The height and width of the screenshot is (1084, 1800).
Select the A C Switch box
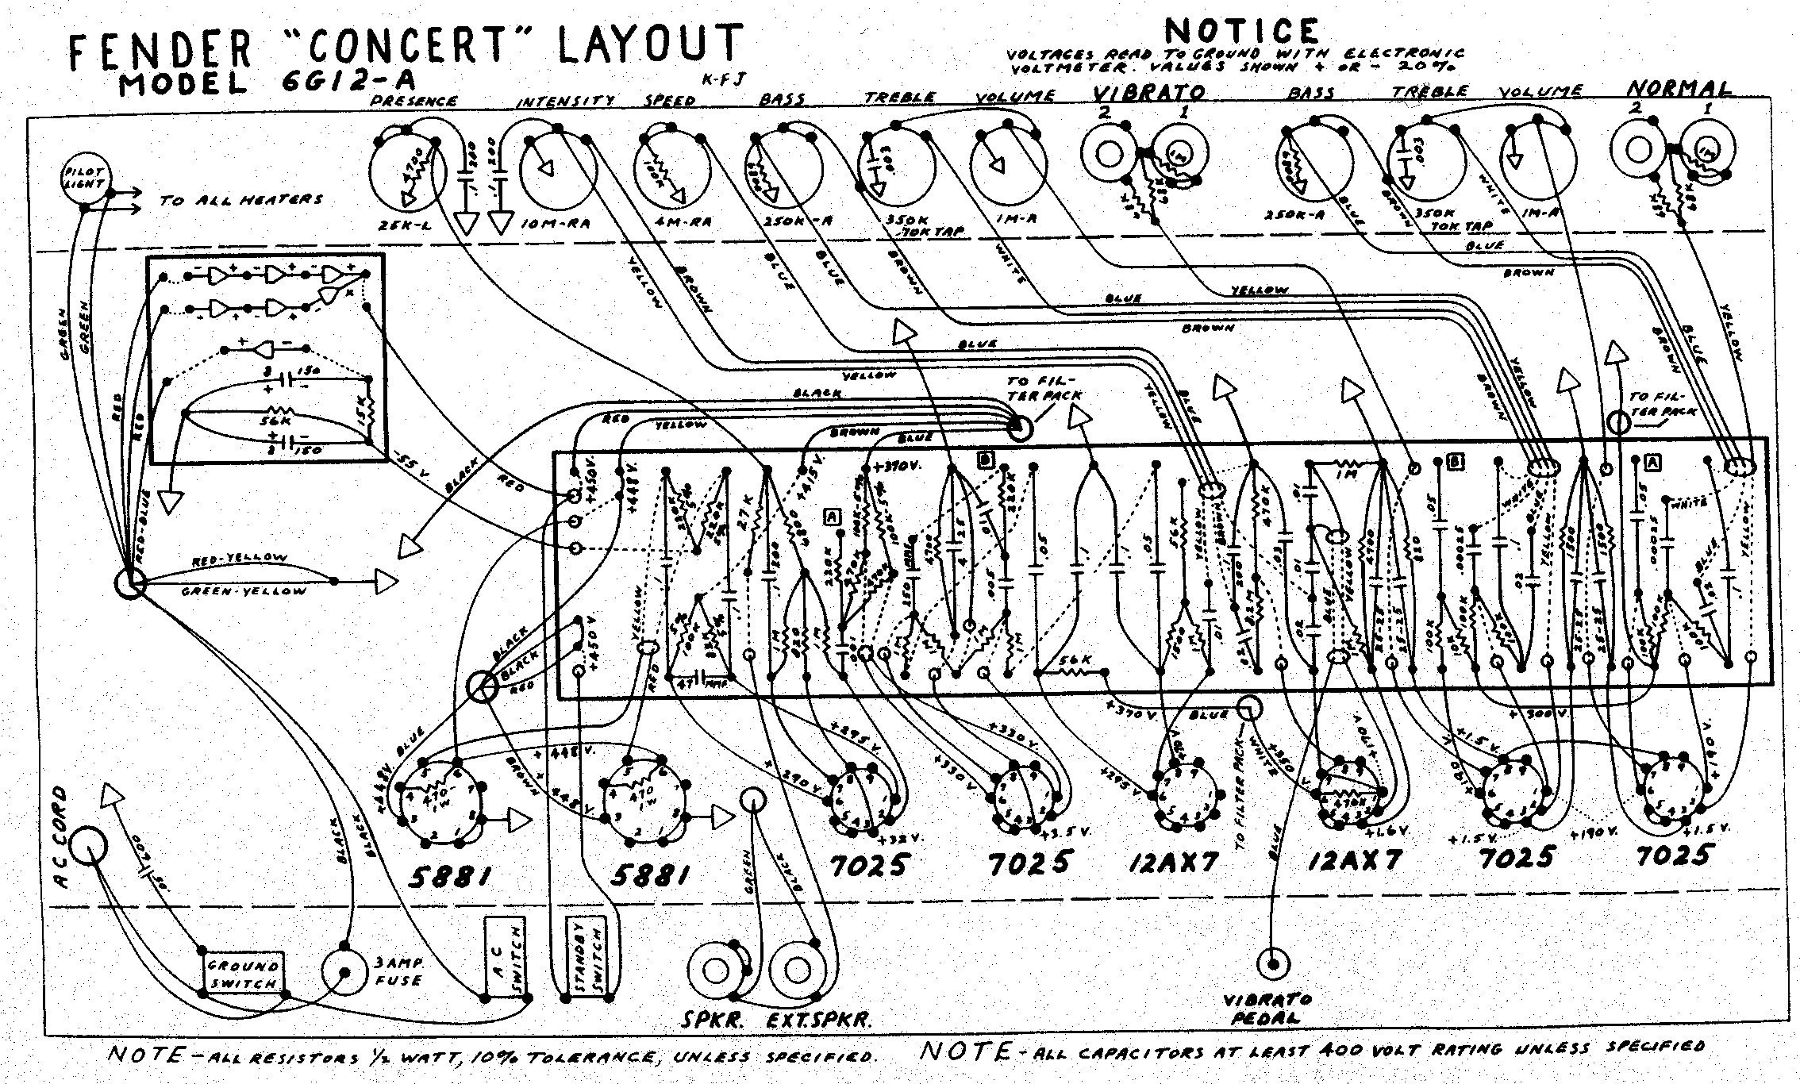[x=506, y=958]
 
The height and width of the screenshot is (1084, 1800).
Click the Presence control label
[x=415, y=102]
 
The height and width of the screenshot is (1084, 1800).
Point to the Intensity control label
[x=566, y=102]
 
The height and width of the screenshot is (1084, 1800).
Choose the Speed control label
[x=670, y=102]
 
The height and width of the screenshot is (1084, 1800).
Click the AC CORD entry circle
[x=87, y=847]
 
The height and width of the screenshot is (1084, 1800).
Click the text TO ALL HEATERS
[x=241, y=200]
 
